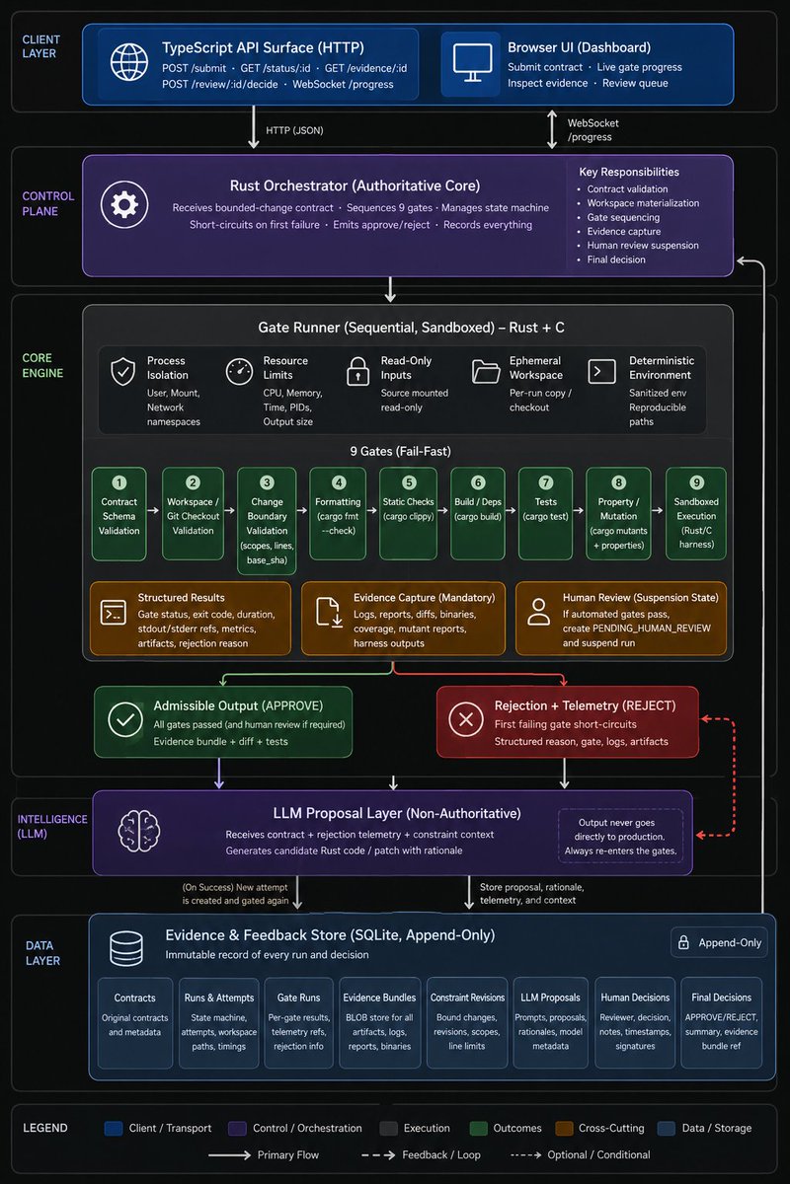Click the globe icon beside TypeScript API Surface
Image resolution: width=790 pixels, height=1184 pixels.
tap(129, 62)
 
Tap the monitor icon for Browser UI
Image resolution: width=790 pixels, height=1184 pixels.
tap(472, 62)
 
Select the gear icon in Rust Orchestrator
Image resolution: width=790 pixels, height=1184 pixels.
tap(124, 204)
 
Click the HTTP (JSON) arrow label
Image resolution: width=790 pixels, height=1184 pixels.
tap(294, 130)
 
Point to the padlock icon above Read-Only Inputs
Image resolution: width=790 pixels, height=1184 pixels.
tap(357, 371)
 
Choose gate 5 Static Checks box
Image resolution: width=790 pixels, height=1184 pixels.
tap(409, 513)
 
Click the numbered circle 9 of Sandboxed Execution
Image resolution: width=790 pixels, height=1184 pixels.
tap(696, 482)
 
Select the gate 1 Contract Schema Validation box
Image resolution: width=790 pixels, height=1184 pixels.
tap(119, 513)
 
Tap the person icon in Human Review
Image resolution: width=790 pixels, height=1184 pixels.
tap(538, 612)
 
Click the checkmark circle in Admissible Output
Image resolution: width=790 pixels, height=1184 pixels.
tap(124, 719)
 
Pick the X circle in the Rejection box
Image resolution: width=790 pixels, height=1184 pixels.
tap(466, 719)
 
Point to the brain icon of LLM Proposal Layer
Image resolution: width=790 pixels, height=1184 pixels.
tap(138, 832)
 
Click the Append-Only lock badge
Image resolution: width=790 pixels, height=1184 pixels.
tap(719, 942)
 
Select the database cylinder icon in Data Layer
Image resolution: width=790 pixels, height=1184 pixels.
tap(126, 949)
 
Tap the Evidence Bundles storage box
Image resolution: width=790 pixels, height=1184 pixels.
tap(379, 1022)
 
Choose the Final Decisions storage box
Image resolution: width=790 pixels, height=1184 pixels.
tap(721, 1022)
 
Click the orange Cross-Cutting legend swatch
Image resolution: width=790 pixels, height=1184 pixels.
tap(564, 1129)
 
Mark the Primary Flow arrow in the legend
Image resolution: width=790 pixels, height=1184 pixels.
tap(229, 1155)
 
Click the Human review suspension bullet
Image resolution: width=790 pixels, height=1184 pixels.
tap(639, 246)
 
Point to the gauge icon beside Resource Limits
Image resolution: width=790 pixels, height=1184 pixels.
tap(239, 371)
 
